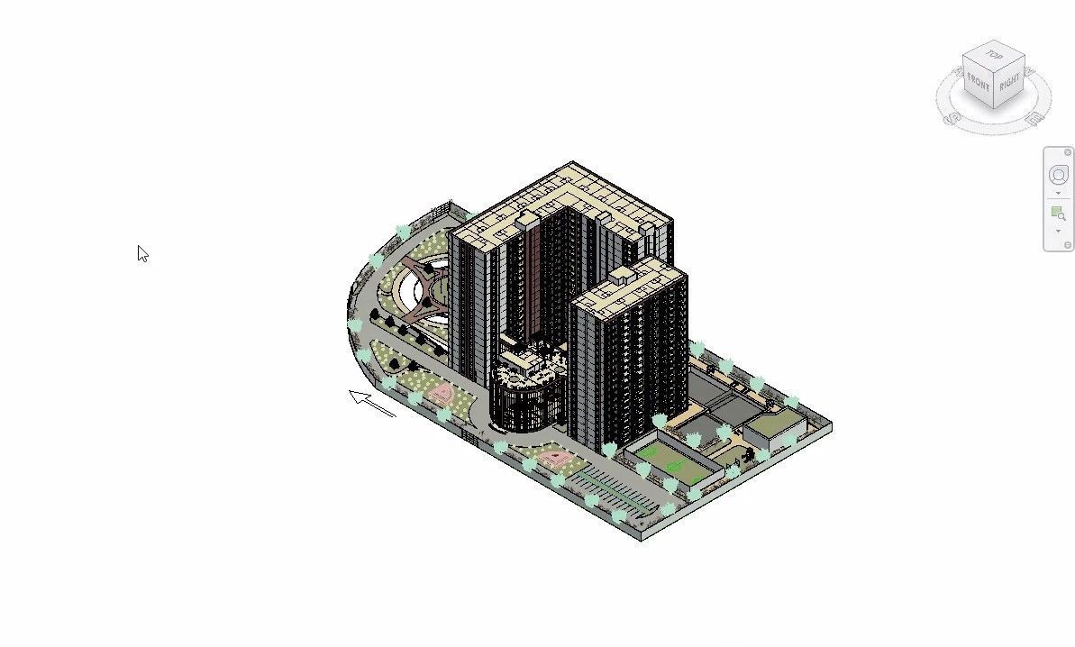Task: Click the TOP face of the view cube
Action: point(993,55)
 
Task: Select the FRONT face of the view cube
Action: point(978,83)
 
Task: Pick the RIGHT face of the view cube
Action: point(1009,84)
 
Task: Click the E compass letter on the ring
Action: point(1036,116)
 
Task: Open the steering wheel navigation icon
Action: point(1058,176)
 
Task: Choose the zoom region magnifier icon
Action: point(1058,214)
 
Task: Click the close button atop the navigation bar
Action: point(1068,152)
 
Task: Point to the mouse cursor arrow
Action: point(142,253)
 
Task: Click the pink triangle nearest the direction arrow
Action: point(442,393)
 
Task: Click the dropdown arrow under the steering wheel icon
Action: point(1058,193)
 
